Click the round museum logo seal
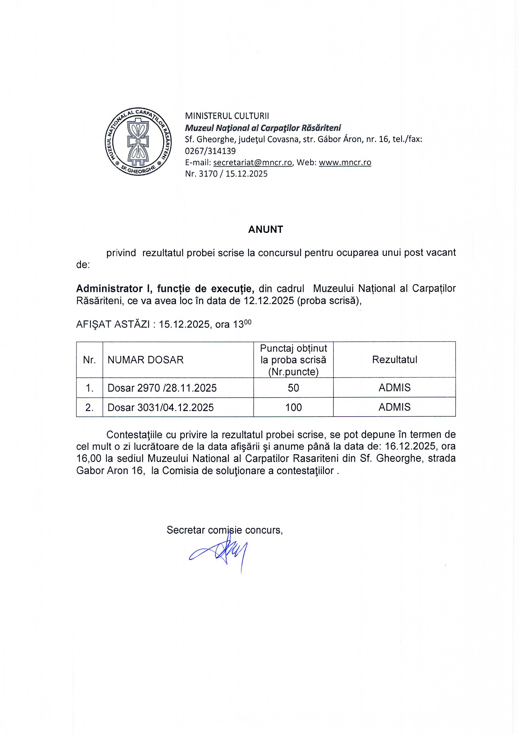tap(138, 141)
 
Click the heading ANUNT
tap(265, 229)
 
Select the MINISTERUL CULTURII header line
tap(227, 116)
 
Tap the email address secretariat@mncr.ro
tap(253, 162)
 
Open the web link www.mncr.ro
tap(345, 162)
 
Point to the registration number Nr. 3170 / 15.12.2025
tap(226, 174)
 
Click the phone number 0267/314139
tap(210, 151)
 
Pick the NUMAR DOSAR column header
tap(145, 360)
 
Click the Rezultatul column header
tap(394, 360)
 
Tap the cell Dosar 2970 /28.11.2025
tap(162, 388)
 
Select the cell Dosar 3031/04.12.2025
tap(160, 407)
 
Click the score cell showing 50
tap(293, 388)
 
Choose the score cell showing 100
tap(293, 407)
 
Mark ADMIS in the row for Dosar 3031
tap(394, 407)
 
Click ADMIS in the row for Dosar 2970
tap(394, 388)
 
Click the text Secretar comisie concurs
tap(224, 530)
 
